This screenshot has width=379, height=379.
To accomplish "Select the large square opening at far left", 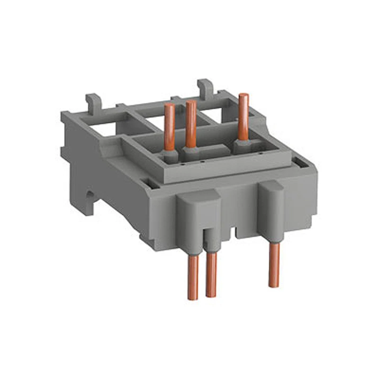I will click(97, 124).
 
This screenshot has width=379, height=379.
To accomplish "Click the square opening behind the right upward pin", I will click(223, 114).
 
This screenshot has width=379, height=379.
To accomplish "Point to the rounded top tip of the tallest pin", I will click(243, 96).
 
